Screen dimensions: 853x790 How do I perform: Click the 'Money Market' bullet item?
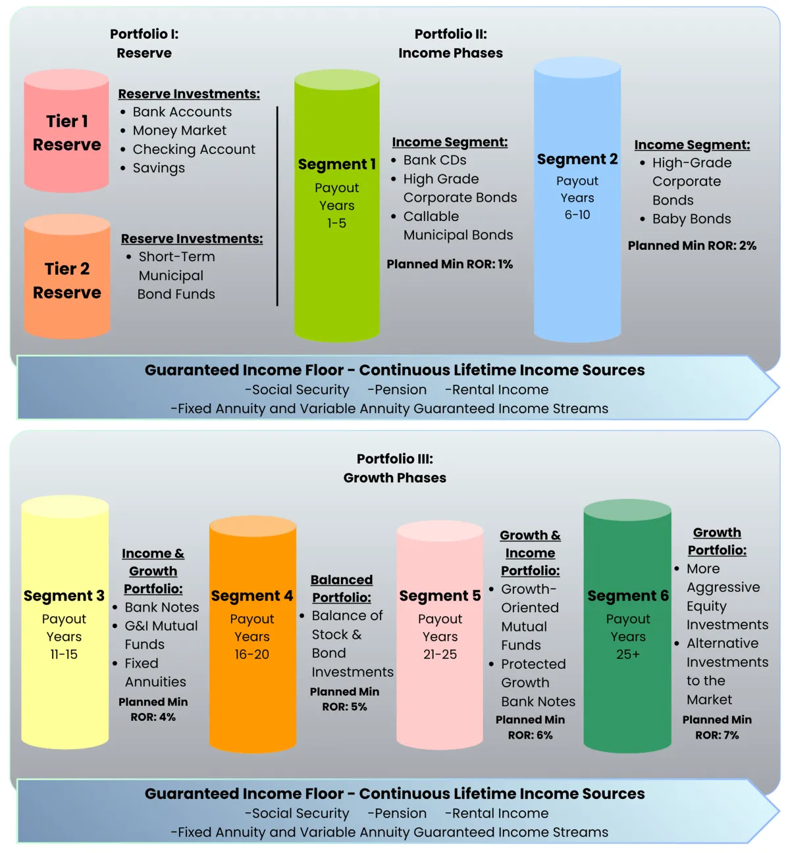click(x=179, y=131)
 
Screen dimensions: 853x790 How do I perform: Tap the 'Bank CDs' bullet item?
click(x=434, y=160)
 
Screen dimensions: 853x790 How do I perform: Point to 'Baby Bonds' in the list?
click(x=691, y=219)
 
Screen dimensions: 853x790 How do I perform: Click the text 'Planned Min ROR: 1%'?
click(x=450, y=264)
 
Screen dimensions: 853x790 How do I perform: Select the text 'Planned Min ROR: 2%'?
click(x=692, y=246)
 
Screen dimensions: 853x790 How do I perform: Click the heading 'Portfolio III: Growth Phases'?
click(x=395, y=468)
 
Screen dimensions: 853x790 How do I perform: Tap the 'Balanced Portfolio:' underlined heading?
click(x=342, y=589)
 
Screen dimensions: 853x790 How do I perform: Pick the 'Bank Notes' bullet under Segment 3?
click(x=161, y=608)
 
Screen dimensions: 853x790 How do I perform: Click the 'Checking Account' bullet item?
click(x=194, y=150)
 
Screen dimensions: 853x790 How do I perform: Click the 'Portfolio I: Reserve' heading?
click(x=144, y=43)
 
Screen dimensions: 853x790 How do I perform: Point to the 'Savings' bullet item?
click(x=159, y=168)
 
